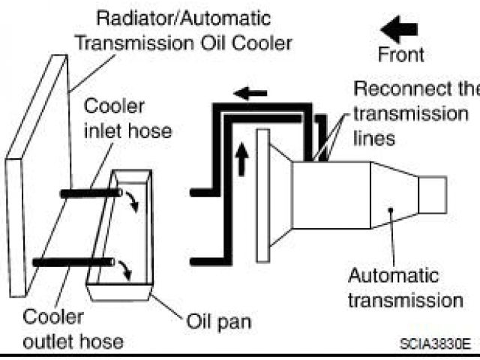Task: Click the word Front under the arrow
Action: (400, 54)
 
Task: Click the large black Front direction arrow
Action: (398, 31)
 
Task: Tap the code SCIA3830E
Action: (434, 343)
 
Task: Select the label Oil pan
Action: (217, 324)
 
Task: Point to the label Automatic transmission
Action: (405, 288)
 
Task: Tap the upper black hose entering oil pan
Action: (90, 193)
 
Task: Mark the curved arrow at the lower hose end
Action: (126, 268)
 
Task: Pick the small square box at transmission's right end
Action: (432, 194)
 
